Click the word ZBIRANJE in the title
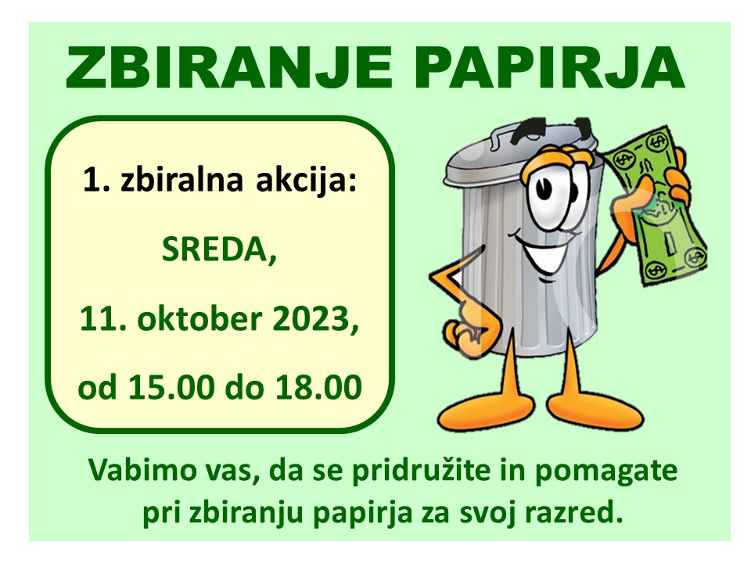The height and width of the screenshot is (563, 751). coord(229,67)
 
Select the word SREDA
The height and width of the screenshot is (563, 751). coord(219,249)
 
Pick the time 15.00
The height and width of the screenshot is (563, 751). coord(171,387)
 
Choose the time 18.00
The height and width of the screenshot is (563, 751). coord(318,387)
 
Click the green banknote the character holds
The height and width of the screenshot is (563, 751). coord(656,206)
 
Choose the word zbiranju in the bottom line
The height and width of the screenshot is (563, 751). coord(245,515)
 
